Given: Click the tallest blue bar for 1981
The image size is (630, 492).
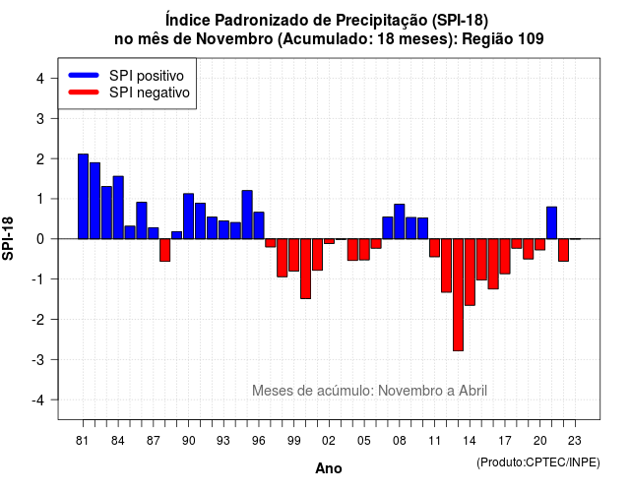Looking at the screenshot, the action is pos(83,197).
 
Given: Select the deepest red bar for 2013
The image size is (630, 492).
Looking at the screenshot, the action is pos(458,295).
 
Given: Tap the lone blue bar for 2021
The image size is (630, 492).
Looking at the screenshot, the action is pos(551,223).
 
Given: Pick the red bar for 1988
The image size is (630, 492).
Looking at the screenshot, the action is pos(165,250).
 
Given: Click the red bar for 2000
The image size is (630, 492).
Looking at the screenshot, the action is pos(306,269).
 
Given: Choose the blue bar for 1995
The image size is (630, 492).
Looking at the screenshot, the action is pos(247,215).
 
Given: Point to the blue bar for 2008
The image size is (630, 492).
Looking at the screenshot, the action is pos(400,221).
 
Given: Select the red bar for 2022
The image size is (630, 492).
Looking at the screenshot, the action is pos(564,250).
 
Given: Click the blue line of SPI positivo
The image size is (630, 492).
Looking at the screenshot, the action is pos(84,75).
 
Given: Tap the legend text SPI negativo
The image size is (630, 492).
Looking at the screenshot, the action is pos(150,92).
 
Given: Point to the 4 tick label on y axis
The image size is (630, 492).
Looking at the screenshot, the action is pos(40,79).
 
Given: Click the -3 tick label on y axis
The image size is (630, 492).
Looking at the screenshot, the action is pos(37,359).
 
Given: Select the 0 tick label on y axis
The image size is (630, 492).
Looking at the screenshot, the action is pos(40,239).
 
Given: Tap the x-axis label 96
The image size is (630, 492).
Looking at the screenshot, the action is pos(259,441).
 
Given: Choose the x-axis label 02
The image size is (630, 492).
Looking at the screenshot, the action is pos(329,441).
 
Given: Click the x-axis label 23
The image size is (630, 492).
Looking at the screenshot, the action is pos(575,441).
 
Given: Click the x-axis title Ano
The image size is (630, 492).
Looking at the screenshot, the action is pos(329,468).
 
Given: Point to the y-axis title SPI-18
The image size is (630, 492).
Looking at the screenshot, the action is pos(8,238).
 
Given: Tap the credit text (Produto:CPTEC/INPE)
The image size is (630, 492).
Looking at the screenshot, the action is pos(538,462).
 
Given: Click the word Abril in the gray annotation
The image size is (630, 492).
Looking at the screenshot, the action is pos(472,391).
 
